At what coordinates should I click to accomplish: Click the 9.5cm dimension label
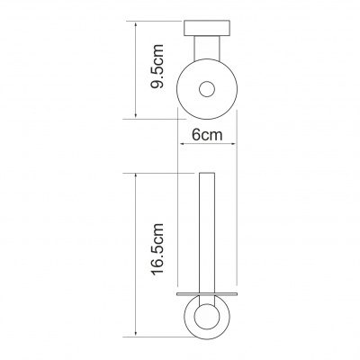coord(157,66)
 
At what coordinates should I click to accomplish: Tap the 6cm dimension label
coord(207,135)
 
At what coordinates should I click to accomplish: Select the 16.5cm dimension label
coord(157,249)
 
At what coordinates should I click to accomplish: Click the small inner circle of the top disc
coord(207,89)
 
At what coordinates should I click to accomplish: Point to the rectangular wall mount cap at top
coord(207,28)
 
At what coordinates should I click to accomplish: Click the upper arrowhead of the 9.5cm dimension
coord(136,24)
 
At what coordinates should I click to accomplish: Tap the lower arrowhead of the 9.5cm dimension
coord(136,115)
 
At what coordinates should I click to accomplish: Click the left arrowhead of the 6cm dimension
coord(182,144)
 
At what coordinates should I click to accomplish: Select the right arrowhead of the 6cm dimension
coord(233,144)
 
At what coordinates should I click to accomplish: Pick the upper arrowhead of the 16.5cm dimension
coord(136,176)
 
